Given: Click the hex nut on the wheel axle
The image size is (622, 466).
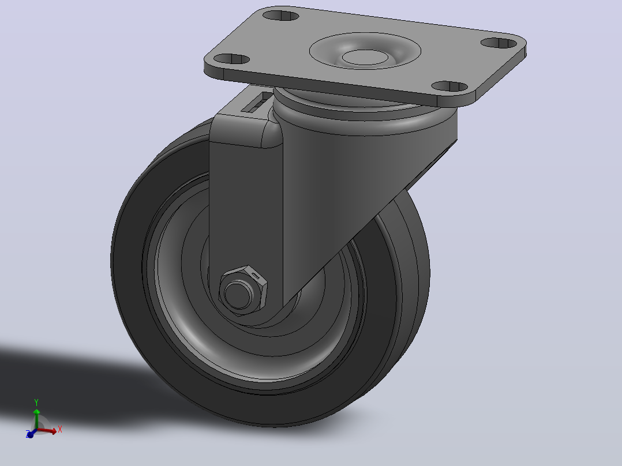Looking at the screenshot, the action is (x=243, y=291).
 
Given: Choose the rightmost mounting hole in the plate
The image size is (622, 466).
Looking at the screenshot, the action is (x=499, y=43).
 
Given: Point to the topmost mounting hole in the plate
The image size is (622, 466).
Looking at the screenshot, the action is (x=281, y=16).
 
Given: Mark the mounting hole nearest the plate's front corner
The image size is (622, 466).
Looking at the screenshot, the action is (x=450, y=87).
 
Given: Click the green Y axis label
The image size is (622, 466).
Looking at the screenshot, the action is (x=36, y=403).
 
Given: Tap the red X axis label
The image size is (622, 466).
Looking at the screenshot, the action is (x=60, y=429).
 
